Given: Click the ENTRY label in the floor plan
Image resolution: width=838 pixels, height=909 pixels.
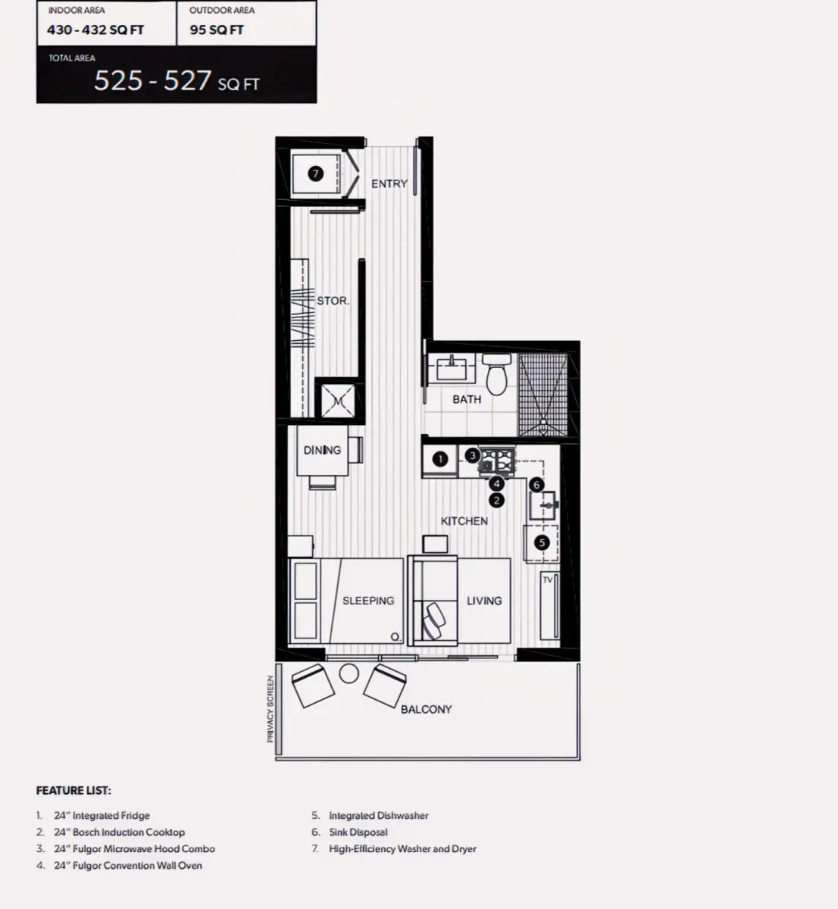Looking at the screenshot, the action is click(389, 183).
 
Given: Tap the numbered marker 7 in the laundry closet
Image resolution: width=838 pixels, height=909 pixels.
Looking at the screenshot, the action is click(316, 173).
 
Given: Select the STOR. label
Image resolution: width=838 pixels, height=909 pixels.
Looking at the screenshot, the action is click(333, 301).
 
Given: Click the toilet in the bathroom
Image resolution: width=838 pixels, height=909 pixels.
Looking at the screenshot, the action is click(496, 374).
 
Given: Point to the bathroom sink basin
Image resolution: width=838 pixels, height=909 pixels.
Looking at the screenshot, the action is click(452, 367).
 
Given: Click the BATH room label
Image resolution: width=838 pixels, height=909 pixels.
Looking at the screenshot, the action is click(467, 399).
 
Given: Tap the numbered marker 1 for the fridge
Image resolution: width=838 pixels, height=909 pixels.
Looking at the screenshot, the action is click(440, 459).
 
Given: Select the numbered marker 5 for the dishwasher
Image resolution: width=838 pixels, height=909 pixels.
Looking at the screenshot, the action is click(542, 542).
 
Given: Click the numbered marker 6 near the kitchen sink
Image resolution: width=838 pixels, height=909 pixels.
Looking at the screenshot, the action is click(536, 485).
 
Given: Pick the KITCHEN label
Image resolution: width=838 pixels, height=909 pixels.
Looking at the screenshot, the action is click(464, 521).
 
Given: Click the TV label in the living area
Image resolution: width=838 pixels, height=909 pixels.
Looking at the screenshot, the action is click(547, 579).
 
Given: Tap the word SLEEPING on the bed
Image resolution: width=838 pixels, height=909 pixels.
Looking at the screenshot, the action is click(368, 601).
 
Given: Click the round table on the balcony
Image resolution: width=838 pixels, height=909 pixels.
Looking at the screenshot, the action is click(349, 673).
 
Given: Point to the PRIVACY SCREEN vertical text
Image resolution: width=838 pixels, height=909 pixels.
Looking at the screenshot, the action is click(270, 709).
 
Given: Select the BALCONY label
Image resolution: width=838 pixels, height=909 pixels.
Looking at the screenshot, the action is click(427, 709).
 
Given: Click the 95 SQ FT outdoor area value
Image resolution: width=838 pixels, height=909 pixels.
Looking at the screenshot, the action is click(216, 30).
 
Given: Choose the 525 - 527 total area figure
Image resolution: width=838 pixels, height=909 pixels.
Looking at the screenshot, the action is click(152, 80).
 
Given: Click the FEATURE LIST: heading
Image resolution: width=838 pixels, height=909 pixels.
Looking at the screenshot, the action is click(73, 790).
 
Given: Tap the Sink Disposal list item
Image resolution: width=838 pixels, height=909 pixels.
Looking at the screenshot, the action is click(358, 832).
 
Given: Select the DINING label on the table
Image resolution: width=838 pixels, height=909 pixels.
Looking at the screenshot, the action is click(322, 450).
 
